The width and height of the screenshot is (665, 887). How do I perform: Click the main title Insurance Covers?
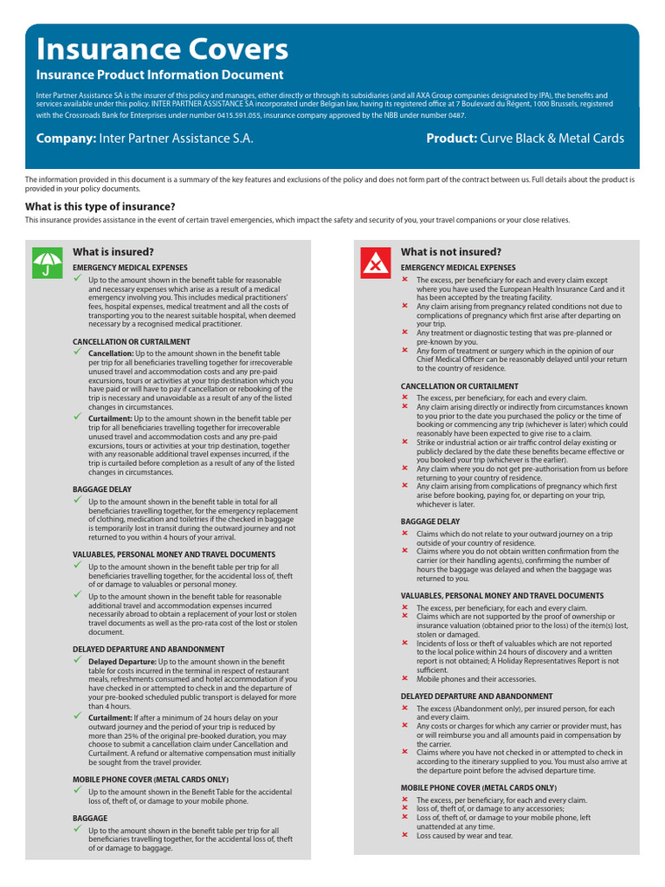(x=162, y=49)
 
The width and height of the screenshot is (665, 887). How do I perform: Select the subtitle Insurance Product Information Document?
(x=159, y=75)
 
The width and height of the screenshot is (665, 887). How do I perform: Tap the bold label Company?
(x=66, y=139)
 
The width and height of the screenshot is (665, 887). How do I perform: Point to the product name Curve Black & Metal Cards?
(x=552, y=139)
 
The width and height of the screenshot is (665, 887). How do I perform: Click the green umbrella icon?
(x=47, y=262)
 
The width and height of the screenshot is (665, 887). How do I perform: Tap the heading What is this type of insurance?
(x=100, y=206)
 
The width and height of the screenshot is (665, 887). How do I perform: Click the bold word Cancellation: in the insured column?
(x=111, y=354)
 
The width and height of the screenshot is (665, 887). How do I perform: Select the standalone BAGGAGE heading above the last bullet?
(x=90, y=818)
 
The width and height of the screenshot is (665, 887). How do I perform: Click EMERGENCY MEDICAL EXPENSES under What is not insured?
(x=458, y=268)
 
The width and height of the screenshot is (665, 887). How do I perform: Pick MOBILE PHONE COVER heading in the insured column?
(x=139, y=779)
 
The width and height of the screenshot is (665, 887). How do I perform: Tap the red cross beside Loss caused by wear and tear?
(x=404, y=835)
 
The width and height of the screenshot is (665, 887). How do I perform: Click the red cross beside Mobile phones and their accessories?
(x=404, y=678)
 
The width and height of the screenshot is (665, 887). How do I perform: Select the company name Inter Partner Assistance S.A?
(x=177, y=139)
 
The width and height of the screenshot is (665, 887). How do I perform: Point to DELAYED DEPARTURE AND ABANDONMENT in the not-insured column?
(x=476, y=696)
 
